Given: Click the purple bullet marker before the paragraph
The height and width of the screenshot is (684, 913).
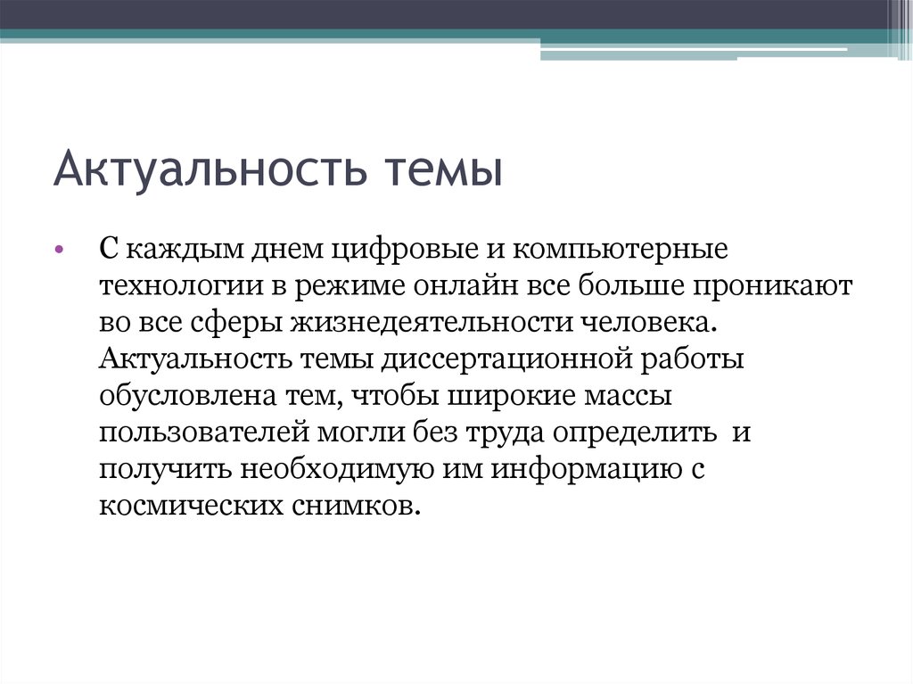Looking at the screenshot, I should [59, 250].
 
